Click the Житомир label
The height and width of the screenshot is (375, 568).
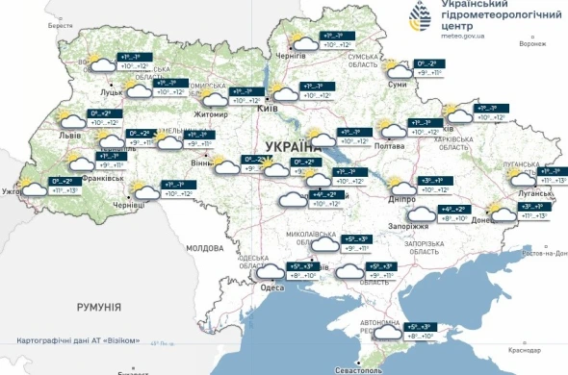pos(211,114)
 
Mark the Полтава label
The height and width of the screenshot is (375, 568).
pos(389,146)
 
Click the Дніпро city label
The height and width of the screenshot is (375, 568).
pos(388,197)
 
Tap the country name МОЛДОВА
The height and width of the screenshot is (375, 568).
pos(204,248)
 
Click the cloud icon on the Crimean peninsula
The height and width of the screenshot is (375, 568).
pos(388,333)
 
